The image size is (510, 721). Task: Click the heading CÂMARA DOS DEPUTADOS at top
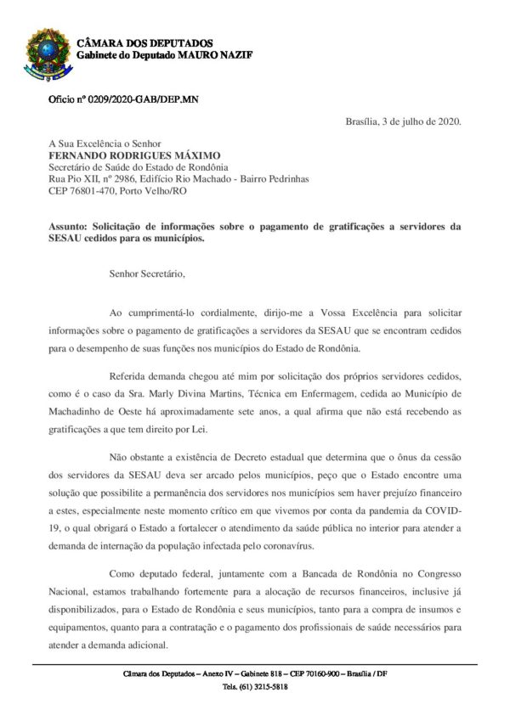coord(145,42)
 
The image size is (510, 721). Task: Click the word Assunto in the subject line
coord(69,227)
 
